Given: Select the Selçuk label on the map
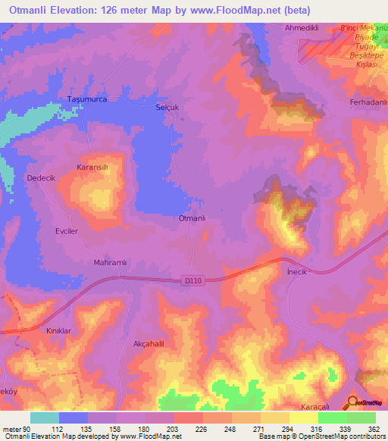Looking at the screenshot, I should [x=167, y=107].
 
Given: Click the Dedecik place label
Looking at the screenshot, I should [x=42, y=177].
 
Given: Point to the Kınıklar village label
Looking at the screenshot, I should [x=59, y=332].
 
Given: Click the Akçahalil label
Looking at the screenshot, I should [x=149, y=342].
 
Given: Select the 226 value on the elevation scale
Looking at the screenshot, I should [x=200, y=429].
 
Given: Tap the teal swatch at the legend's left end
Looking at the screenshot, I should [x=44, y=418].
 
